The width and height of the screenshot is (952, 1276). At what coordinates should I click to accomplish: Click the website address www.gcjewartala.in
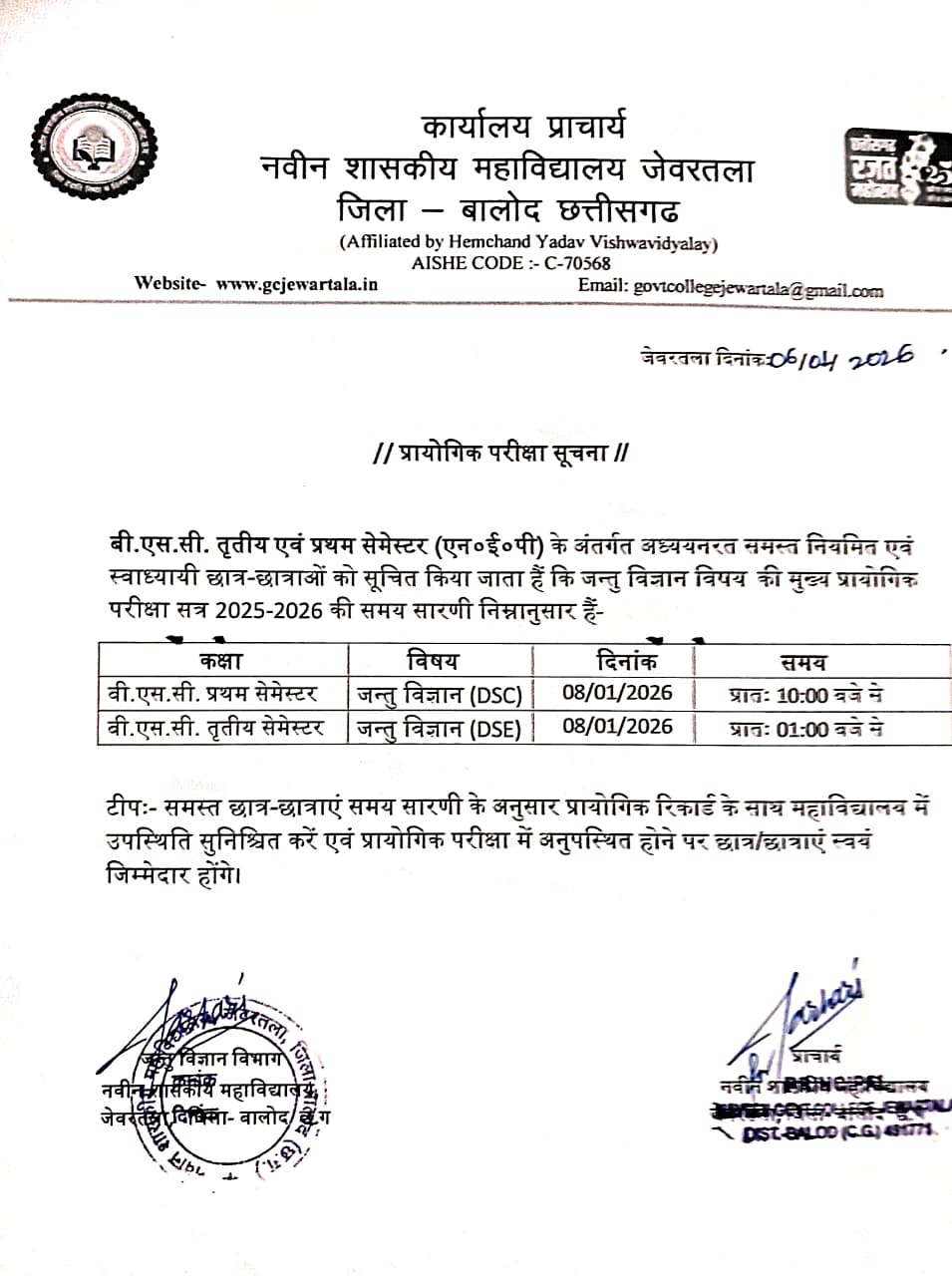(297, 283)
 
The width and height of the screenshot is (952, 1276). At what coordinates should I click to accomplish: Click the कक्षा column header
(220, 660)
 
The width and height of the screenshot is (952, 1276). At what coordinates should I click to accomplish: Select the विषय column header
(433, 660)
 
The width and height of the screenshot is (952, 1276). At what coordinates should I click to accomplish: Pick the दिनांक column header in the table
(625, 660)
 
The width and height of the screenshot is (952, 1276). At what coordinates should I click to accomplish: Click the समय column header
(803, 662)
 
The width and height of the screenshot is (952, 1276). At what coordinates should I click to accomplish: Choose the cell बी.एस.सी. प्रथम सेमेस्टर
(212, 693)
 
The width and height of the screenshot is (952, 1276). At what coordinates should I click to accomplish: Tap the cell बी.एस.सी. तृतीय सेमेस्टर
(216, 728)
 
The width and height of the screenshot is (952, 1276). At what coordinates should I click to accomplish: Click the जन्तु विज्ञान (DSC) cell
(440, 694)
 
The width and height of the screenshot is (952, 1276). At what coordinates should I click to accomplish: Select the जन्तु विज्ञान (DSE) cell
(440, 729)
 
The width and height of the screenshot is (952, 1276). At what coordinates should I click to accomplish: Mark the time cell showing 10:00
(805, 695)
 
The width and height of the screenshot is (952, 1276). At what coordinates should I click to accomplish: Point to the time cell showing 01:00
(805, 729)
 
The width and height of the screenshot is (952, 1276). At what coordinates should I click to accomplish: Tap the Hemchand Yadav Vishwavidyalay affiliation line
(528, 242)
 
